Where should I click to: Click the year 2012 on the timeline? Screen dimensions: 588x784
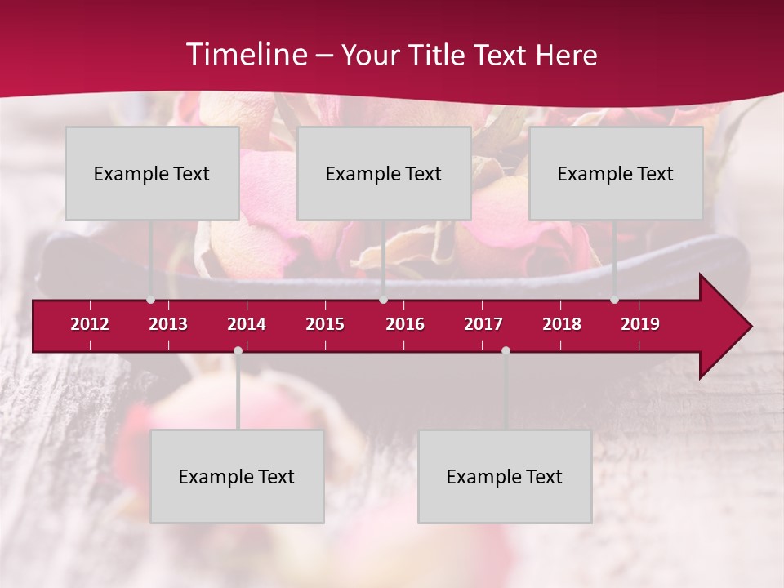[x=90, y=324]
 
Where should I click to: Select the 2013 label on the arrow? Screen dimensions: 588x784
[x=168, y=324]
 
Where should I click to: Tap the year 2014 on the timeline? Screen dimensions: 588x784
[x=247, y=324]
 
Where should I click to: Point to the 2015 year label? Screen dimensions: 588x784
[x=325, y=324]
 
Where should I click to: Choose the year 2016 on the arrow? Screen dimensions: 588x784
[x=405, y=324]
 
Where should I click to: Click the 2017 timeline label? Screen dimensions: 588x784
[x=483, y=324]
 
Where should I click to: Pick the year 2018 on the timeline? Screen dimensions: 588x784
[x=562, y=324]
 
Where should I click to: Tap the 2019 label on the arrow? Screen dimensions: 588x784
[x=640, y=324]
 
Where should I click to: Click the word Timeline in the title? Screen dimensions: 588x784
[x=245, y=55]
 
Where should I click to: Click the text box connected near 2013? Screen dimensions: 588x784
[x=152, y=173]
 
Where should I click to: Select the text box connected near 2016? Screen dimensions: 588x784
[x=384, y=173]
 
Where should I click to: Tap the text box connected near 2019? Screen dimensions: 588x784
[x=616, y=173]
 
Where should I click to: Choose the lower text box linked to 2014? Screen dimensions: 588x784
[x=237, y=476]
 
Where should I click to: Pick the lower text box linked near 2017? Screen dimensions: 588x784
[x=505, y=476]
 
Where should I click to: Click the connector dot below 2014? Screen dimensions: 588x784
[x=238, y=350]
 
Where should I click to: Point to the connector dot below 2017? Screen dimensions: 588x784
[x=506, y=350]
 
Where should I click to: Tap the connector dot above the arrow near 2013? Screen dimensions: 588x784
[x=150, y=300]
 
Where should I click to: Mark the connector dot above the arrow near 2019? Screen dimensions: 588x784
[x=614, y=300]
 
